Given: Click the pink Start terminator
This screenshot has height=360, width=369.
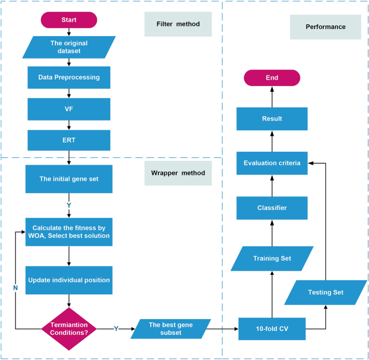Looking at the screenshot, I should coord(69,20).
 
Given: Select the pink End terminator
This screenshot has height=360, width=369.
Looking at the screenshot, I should coord(271,77).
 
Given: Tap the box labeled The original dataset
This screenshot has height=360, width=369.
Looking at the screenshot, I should coord(69,47).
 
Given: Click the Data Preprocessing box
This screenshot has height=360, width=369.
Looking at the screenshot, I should coord(69,77).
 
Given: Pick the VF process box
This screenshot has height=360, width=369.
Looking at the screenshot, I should coord(69,109).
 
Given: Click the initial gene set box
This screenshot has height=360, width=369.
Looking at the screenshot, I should coord(69,179).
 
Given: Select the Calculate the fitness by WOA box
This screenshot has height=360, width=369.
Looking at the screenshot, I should coord(69,231).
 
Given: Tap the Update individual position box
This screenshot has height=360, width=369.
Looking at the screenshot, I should coord(69,280).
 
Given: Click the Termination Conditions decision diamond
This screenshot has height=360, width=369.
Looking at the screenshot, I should coord(69,328).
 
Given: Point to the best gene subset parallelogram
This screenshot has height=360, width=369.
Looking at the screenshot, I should coord(170,328).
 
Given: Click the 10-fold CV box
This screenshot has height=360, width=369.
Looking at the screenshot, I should coord(271,328).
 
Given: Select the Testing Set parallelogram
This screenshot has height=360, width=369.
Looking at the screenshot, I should coord(325,292).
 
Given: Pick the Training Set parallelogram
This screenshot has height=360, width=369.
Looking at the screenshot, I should coord(271,258).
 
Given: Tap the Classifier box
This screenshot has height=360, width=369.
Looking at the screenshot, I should coord(271,207).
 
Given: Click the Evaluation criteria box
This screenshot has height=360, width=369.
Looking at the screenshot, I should coord(271,163).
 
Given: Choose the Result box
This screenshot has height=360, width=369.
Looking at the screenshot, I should coord(271,118).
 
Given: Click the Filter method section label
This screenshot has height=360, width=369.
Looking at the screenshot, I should coord(177,24).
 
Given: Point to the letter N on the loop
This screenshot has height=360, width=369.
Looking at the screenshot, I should coord(15,288).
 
